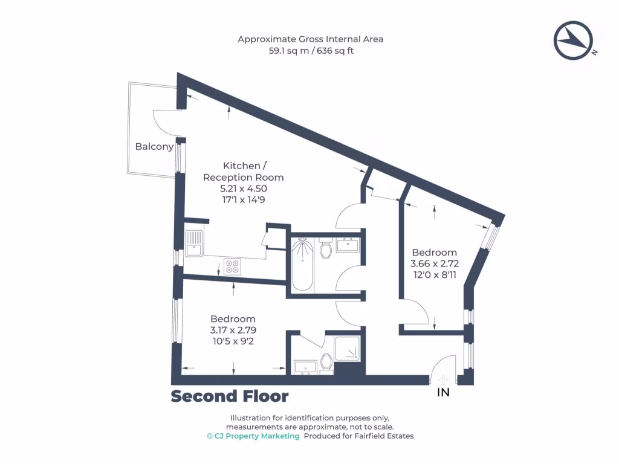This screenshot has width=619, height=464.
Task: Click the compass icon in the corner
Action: tap(574, 40)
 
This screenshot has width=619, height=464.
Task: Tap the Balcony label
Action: tap(154, 146)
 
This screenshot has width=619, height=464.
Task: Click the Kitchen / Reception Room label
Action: tap(243, 171)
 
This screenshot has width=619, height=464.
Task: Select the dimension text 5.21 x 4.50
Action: tap(243, 188)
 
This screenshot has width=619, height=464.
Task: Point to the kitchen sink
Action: tap(193, 243)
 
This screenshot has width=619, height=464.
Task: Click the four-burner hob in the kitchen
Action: tap(232, 266)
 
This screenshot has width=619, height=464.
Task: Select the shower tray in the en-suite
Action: tap(347, 348)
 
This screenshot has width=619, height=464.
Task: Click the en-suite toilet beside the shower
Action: tap(326, 362)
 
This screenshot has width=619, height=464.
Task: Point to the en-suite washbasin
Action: tap(305, 367)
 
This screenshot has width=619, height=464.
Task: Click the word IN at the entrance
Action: tap(443, 392)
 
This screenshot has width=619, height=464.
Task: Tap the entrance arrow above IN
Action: tap(443, 379)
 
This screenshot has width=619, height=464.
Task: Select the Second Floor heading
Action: tap(229, 396)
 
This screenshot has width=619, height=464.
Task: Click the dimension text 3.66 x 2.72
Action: tap(434, 263)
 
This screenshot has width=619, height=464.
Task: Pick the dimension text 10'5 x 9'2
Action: tap(233, 341)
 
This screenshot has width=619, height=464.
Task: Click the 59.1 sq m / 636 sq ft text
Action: tap(311, 51)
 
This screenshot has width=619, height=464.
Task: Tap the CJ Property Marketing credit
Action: tap(253, 436)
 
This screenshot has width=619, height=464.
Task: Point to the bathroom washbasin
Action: tap(348, 245)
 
